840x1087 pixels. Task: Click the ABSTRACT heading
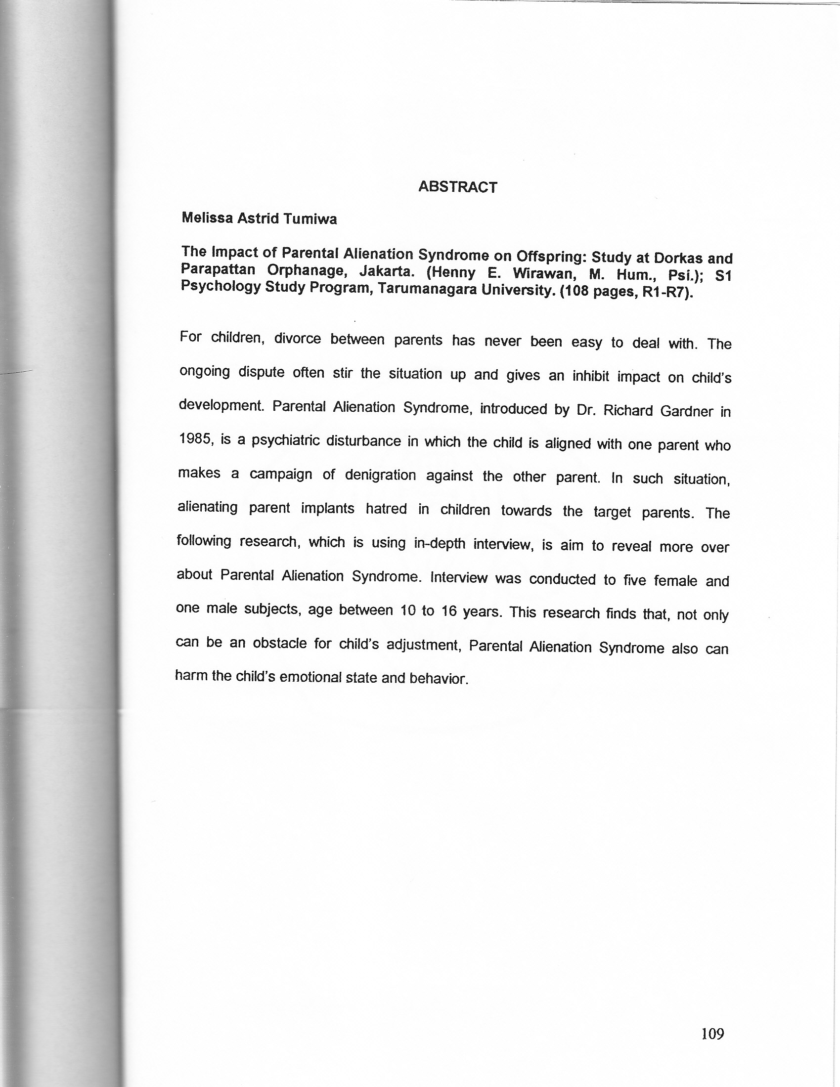pos(457,187)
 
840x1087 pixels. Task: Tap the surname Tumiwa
pos(310,219)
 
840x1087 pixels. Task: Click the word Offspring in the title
pos(551,257)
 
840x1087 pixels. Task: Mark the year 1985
pos(196,439)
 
